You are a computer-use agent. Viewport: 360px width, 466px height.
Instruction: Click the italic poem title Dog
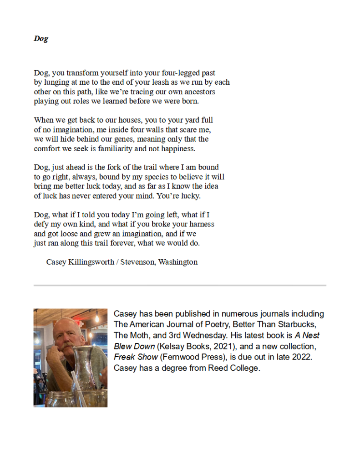[x=41, y=39]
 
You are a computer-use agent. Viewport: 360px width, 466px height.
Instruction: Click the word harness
[x=200, y=224]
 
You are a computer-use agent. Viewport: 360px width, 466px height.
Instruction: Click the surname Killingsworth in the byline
[x=92, y=262]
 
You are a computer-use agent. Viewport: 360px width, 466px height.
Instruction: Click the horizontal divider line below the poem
[x=180, y=286]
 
